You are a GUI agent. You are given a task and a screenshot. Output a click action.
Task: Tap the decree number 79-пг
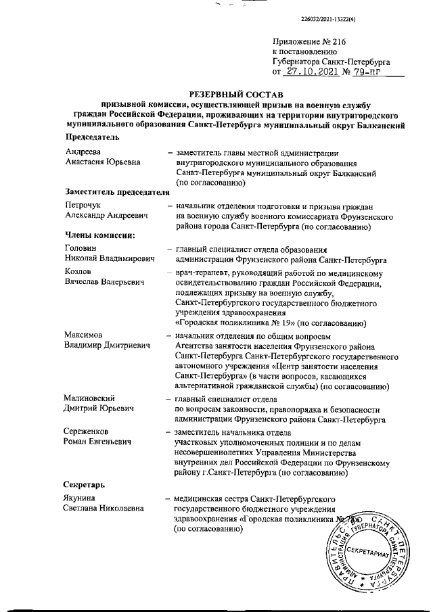click(363, 70)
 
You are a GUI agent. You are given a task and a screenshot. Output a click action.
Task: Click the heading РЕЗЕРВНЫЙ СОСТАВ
click(235, 93)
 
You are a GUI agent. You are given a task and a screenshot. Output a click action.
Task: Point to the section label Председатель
click(91, 137)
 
